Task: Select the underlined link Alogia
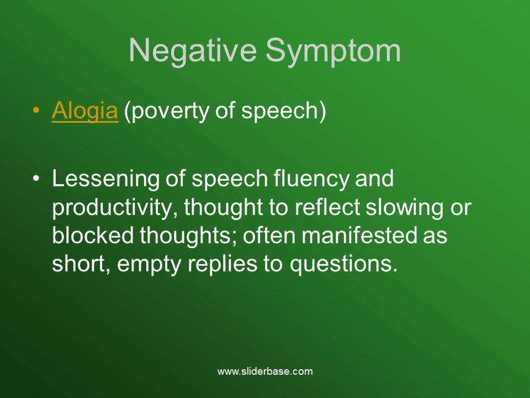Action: coord(85,111)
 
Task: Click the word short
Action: coord(76,264)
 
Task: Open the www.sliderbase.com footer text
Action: coord(265,371)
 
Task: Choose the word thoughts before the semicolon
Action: coord(183,236)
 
